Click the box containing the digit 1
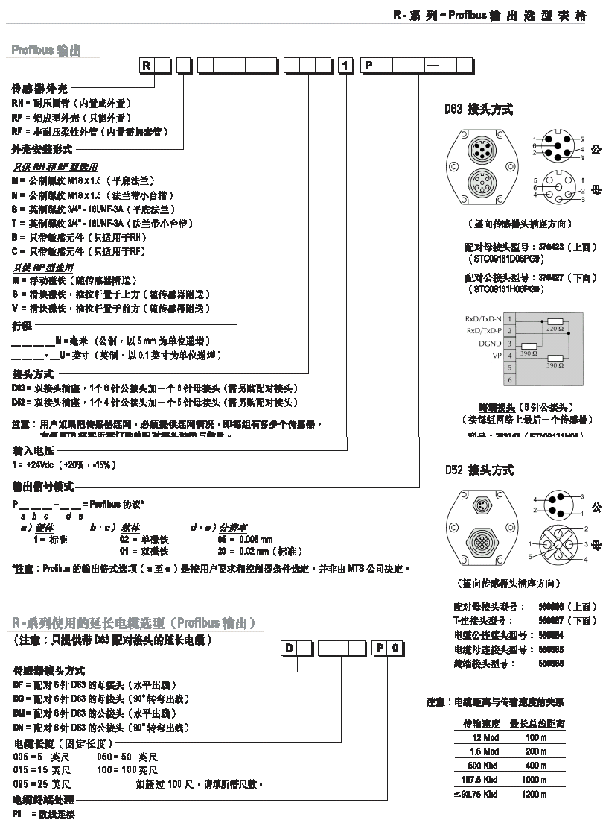click(346, 66)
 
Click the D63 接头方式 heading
click(479, 110)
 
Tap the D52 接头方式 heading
click(479, 470)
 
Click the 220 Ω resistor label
click(554, 327)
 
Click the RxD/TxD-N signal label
click(484, 318)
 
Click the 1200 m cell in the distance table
click(535, 795)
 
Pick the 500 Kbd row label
click(482, 766)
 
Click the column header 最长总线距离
click(537, 723)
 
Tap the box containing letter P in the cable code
click(380, 648)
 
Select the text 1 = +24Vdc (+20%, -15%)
click(64, 464)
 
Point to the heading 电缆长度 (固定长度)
click(63, 744)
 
